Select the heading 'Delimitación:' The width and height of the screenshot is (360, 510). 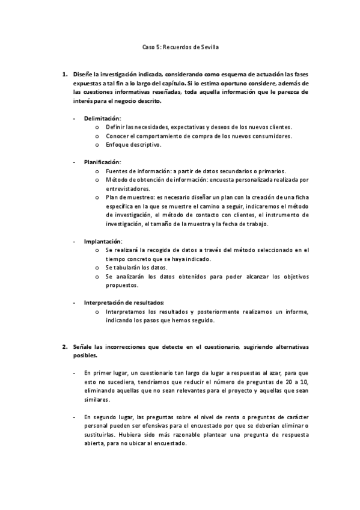[102, 118]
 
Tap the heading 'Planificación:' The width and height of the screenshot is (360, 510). [102, 162]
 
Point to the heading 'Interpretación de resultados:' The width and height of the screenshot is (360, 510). [124, 303]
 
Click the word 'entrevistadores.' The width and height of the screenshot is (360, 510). [126, 189]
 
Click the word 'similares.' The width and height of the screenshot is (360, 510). [97, 399]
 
